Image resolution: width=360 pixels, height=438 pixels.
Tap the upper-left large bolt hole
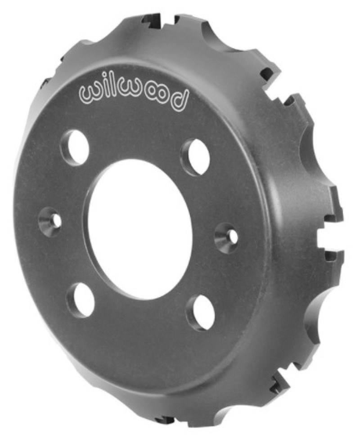point(76,147)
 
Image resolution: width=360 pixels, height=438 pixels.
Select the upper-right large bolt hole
point(196,157)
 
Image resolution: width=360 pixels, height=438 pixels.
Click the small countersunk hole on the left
point(51,220)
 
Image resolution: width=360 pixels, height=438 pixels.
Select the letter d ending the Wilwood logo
point(180,97)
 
